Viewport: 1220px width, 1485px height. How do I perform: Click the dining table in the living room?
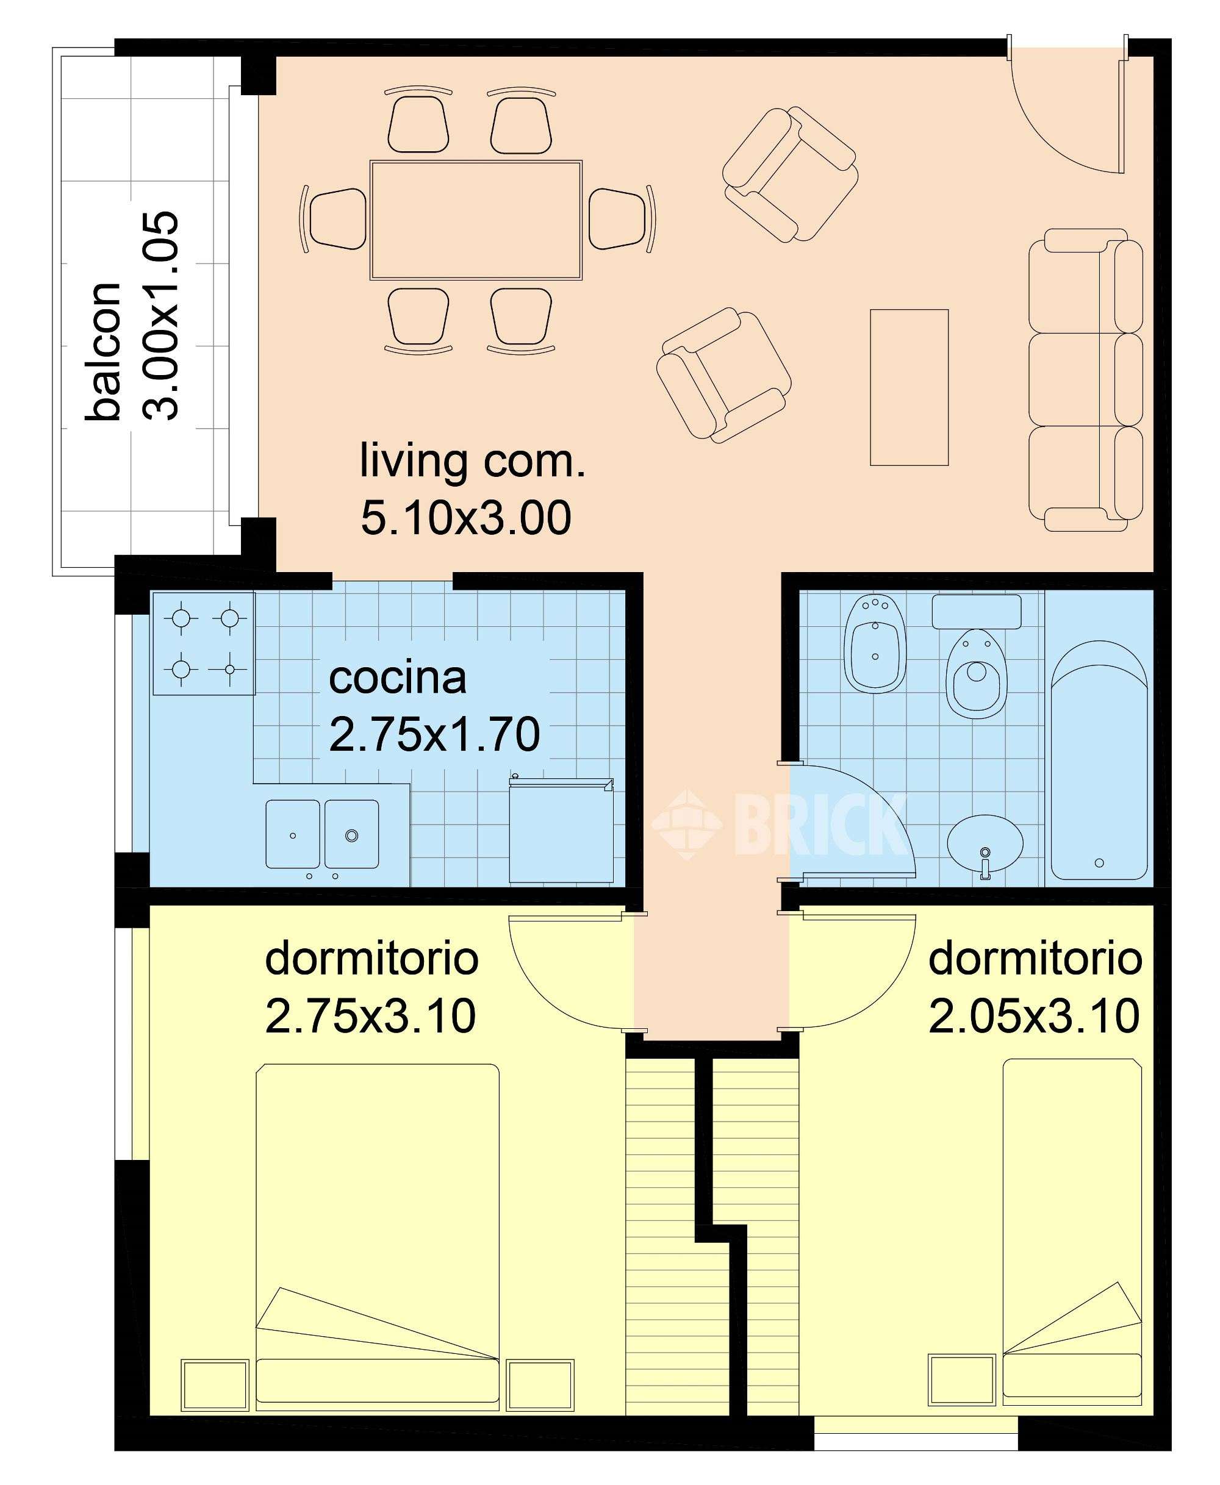(x=476, y=220)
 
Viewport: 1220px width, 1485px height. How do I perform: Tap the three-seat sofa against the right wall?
(x=1085, y=380)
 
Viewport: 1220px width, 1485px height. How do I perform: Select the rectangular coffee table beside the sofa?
(x=910, y=387)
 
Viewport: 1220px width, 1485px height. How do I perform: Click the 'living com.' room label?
(x=472, y=462)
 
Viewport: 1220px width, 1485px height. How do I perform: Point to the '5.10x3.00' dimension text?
(x=466, y=518)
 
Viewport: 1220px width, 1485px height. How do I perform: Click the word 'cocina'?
(x=398, y=678)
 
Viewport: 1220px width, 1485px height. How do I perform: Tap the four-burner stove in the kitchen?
(x=204, y=643)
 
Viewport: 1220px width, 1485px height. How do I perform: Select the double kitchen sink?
(x=322, y=834)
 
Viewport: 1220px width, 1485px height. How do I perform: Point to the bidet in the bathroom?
(x=875, y=644)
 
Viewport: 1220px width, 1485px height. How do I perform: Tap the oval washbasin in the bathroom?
(x=985, y=845)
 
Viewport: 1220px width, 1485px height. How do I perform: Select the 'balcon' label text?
(x=102, y=351)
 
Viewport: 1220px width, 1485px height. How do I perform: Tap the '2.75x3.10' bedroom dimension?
(x=370, y=1016)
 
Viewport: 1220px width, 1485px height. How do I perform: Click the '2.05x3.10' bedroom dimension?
(x=1034, y=1016)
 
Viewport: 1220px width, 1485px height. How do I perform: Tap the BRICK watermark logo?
(x=780, y=824)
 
